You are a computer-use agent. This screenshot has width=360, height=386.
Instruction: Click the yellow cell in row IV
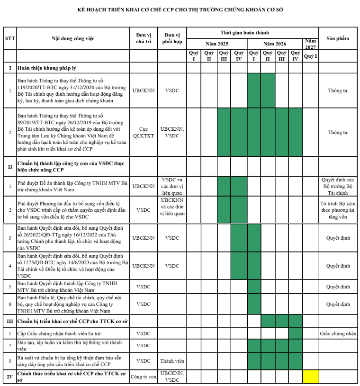311,377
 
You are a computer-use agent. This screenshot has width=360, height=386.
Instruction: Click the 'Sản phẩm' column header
338,38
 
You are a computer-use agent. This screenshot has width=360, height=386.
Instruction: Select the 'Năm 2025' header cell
216,44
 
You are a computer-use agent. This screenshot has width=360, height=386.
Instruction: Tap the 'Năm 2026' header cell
275,44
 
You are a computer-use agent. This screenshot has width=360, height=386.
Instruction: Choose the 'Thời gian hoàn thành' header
244,33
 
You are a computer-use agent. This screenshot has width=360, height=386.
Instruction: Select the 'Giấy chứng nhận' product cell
338,333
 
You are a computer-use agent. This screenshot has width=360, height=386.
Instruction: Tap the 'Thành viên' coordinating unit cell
172,360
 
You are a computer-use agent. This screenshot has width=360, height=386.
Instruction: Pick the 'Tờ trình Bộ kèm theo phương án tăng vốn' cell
338,210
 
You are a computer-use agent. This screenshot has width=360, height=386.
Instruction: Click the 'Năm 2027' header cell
311,44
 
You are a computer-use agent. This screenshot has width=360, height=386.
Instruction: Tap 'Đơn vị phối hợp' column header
172,38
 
